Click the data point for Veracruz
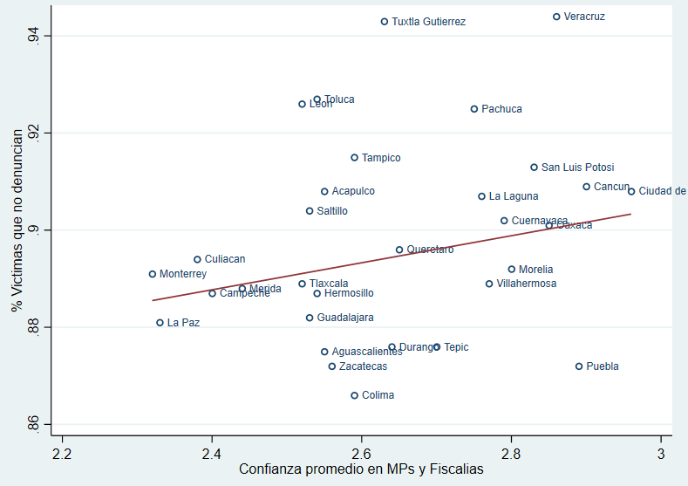click(x=556, y=17)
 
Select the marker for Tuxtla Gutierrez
click(x=385, y=22)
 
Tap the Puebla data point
click(x=579, y=366)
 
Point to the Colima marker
click(x=355, y=395)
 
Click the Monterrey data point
click(x=153, y=274)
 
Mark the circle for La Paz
click(x=160, y=323)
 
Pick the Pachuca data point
click(x=474, y=109)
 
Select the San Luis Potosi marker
click(x=535, y=168)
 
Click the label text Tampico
click(x=381, y=158)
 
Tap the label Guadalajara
click(x=345, y=318)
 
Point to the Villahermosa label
click(x=526, y=284)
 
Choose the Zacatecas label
click(x=363, y=366)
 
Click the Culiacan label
click(x=225, y=259)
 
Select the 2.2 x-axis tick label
click(x=62, y=454)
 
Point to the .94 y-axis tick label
click(x=34, y=36)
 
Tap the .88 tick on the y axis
click(x=34, y=327)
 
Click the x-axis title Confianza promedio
click(x=361, y=469)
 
